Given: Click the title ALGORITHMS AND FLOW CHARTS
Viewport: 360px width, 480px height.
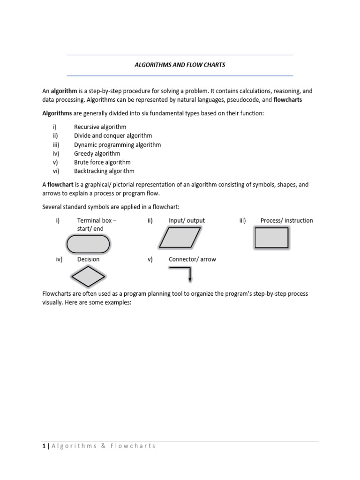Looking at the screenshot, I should pos(180,65).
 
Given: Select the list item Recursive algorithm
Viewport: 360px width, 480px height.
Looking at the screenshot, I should pos(100,127).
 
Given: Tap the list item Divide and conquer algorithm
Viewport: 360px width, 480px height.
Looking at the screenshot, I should pos(113,136).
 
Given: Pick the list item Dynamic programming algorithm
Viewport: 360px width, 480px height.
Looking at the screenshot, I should pos(117,145).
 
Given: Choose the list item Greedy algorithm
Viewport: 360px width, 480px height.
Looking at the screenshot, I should pos(97,154).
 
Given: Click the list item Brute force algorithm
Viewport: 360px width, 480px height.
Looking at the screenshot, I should pos(102,163).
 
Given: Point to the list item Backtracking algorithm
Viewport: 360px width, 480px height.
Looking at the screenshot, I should pos(104,172).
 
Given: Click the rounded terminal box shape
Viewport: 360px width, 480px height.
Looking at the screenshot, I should pos(88,244).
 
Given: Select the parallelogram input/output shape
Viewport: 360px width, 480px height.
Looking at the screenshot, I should pos(180,237).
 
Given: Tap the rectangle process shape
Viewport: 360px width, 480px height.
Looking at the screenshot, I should pos(271,237).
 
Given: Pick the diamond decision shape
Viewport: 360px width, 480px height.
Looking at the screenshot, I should pos(88,277).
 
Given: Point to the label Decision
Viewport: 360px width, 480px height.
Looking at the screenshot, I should pos(88,259).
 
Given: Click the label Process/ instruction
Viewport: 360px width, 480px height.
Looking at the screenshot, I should pos(286,221).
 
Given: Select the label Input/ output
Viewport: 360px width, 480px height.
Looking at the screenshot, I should pos(187,221).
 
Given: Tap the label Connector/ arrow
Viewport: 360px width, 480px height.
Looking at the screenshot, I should pos(192,259).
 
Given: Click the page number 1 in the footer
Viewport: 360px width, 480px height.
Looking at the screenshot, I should pos(44,446).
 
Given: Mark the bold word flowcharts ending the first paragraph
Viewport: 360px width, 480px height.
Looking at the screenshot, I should pos(288,100).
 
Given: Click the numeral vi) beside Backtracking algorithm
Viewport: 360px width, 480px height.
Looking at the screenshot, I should pos(56,172).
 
